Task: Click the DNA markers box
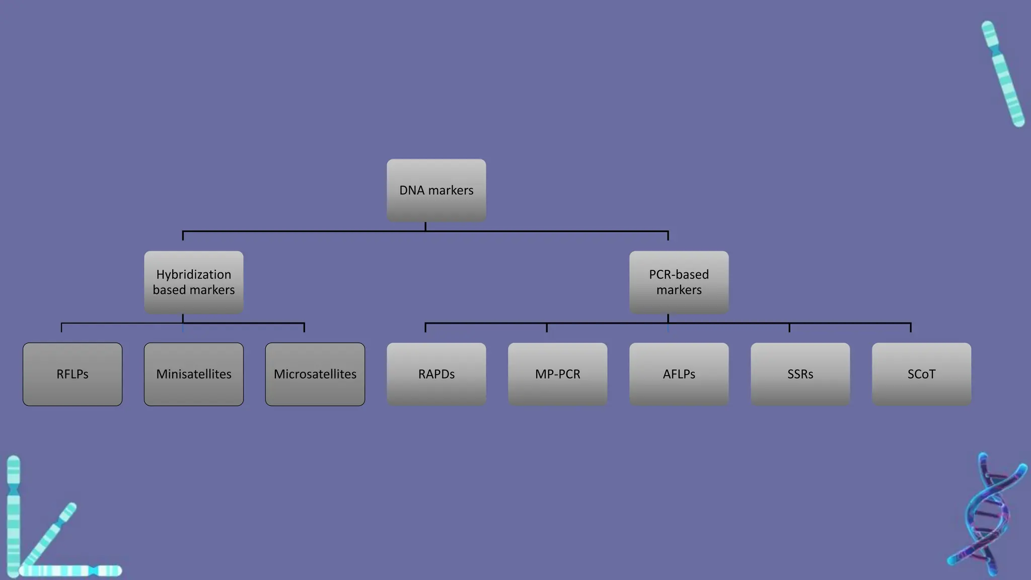(436, 190)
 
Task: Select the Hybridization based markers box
(194, 282)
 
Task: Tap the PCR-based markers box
(679, 282)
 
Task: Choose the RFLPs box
(72, 374)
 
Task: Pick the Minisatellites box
(194, 374)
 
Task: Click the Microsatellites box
(315, 374)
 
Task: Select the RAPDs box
(436, 374)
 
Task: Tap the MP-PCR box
(557, 374)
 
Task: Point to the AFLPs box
(679, 374)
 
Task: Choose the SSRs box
(800, 374)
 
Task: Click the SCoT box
(921, 374)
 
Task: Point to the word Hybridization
(194, 274)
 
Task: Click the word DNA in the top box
(412, 190)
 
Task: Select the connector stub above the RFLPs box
(61, 328)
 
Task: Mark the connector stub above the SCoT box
(911, 328)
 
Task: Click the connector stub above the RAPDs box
(425, 328)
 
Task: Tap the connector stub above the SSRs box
(789, 328)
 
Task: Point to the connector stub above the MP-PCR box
(547, 328)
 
